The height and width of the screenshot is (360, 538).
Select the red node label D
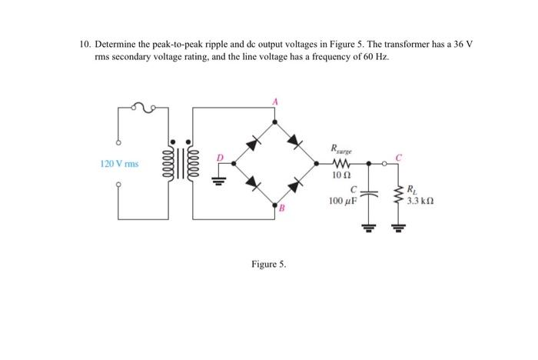pyautogui.click(x=221, y=158)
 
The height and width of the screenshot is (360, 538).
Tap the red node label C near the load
pyautogui.click(x=397, y=157)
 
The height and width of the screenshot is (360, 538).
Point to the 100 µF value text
pyautogui.click(x=343, y=201)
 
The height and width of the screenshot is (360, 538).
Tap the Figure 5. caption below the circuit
pyautogui.click(x=268, y=264)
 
